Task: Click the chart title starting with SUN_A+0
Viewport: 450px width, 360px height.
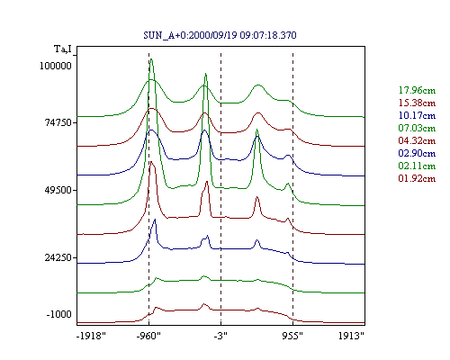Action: [x=220, y=35]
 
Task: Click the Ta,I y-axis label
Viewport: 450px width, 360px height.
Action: [x=63, y=49]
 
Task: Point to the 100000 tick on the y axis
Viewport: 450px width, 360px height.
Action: [x=56, y=66]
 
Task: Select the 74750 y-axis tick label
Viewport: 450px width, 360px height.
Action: [x=58, y=122]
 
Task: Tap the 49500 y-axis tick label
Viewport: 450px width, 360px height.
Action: [x=58, y=190]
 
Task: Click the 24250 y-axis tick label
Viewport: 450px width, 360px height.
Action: [x=58, y=257]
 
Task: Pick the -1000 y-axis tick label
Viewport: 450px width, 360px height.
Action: [x=59, y=314]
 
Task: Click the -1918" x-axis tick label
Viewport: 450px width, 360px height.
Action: [x=92, y=336]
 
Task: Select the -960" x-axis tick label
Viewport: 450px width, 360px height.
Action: [x=148, y=336]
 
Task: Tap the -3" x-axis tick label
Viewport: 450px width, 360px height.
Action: [x=220, y=336]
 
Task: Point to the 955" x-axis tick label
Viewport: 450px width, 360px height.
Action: [x=292, y=336]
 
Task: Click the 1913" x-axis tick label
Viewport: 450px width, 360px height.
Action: [x=351, y=336]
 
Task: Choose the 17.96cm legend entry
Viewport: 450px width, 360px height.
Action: [x=417, y=90]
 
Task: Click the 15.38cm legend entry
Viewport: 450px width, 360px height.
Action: [x=417, y=103]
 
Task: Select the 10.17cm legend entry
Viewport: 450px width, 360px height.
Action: [x=417, y=115]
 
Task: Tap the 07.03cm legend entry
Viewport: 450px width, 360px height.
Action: [x=417, y=128]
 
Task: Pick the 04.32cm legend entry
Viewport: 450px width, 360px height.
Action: [x=417, y=140]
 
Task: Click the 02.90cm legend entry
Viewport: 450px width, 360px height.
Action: [x=417, y=153]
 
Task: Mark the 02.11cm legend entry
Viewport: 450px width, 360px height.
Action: [x=417, y=166]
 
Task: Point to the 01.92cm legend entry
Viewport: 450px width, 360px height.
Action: [x=417, y=178]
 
